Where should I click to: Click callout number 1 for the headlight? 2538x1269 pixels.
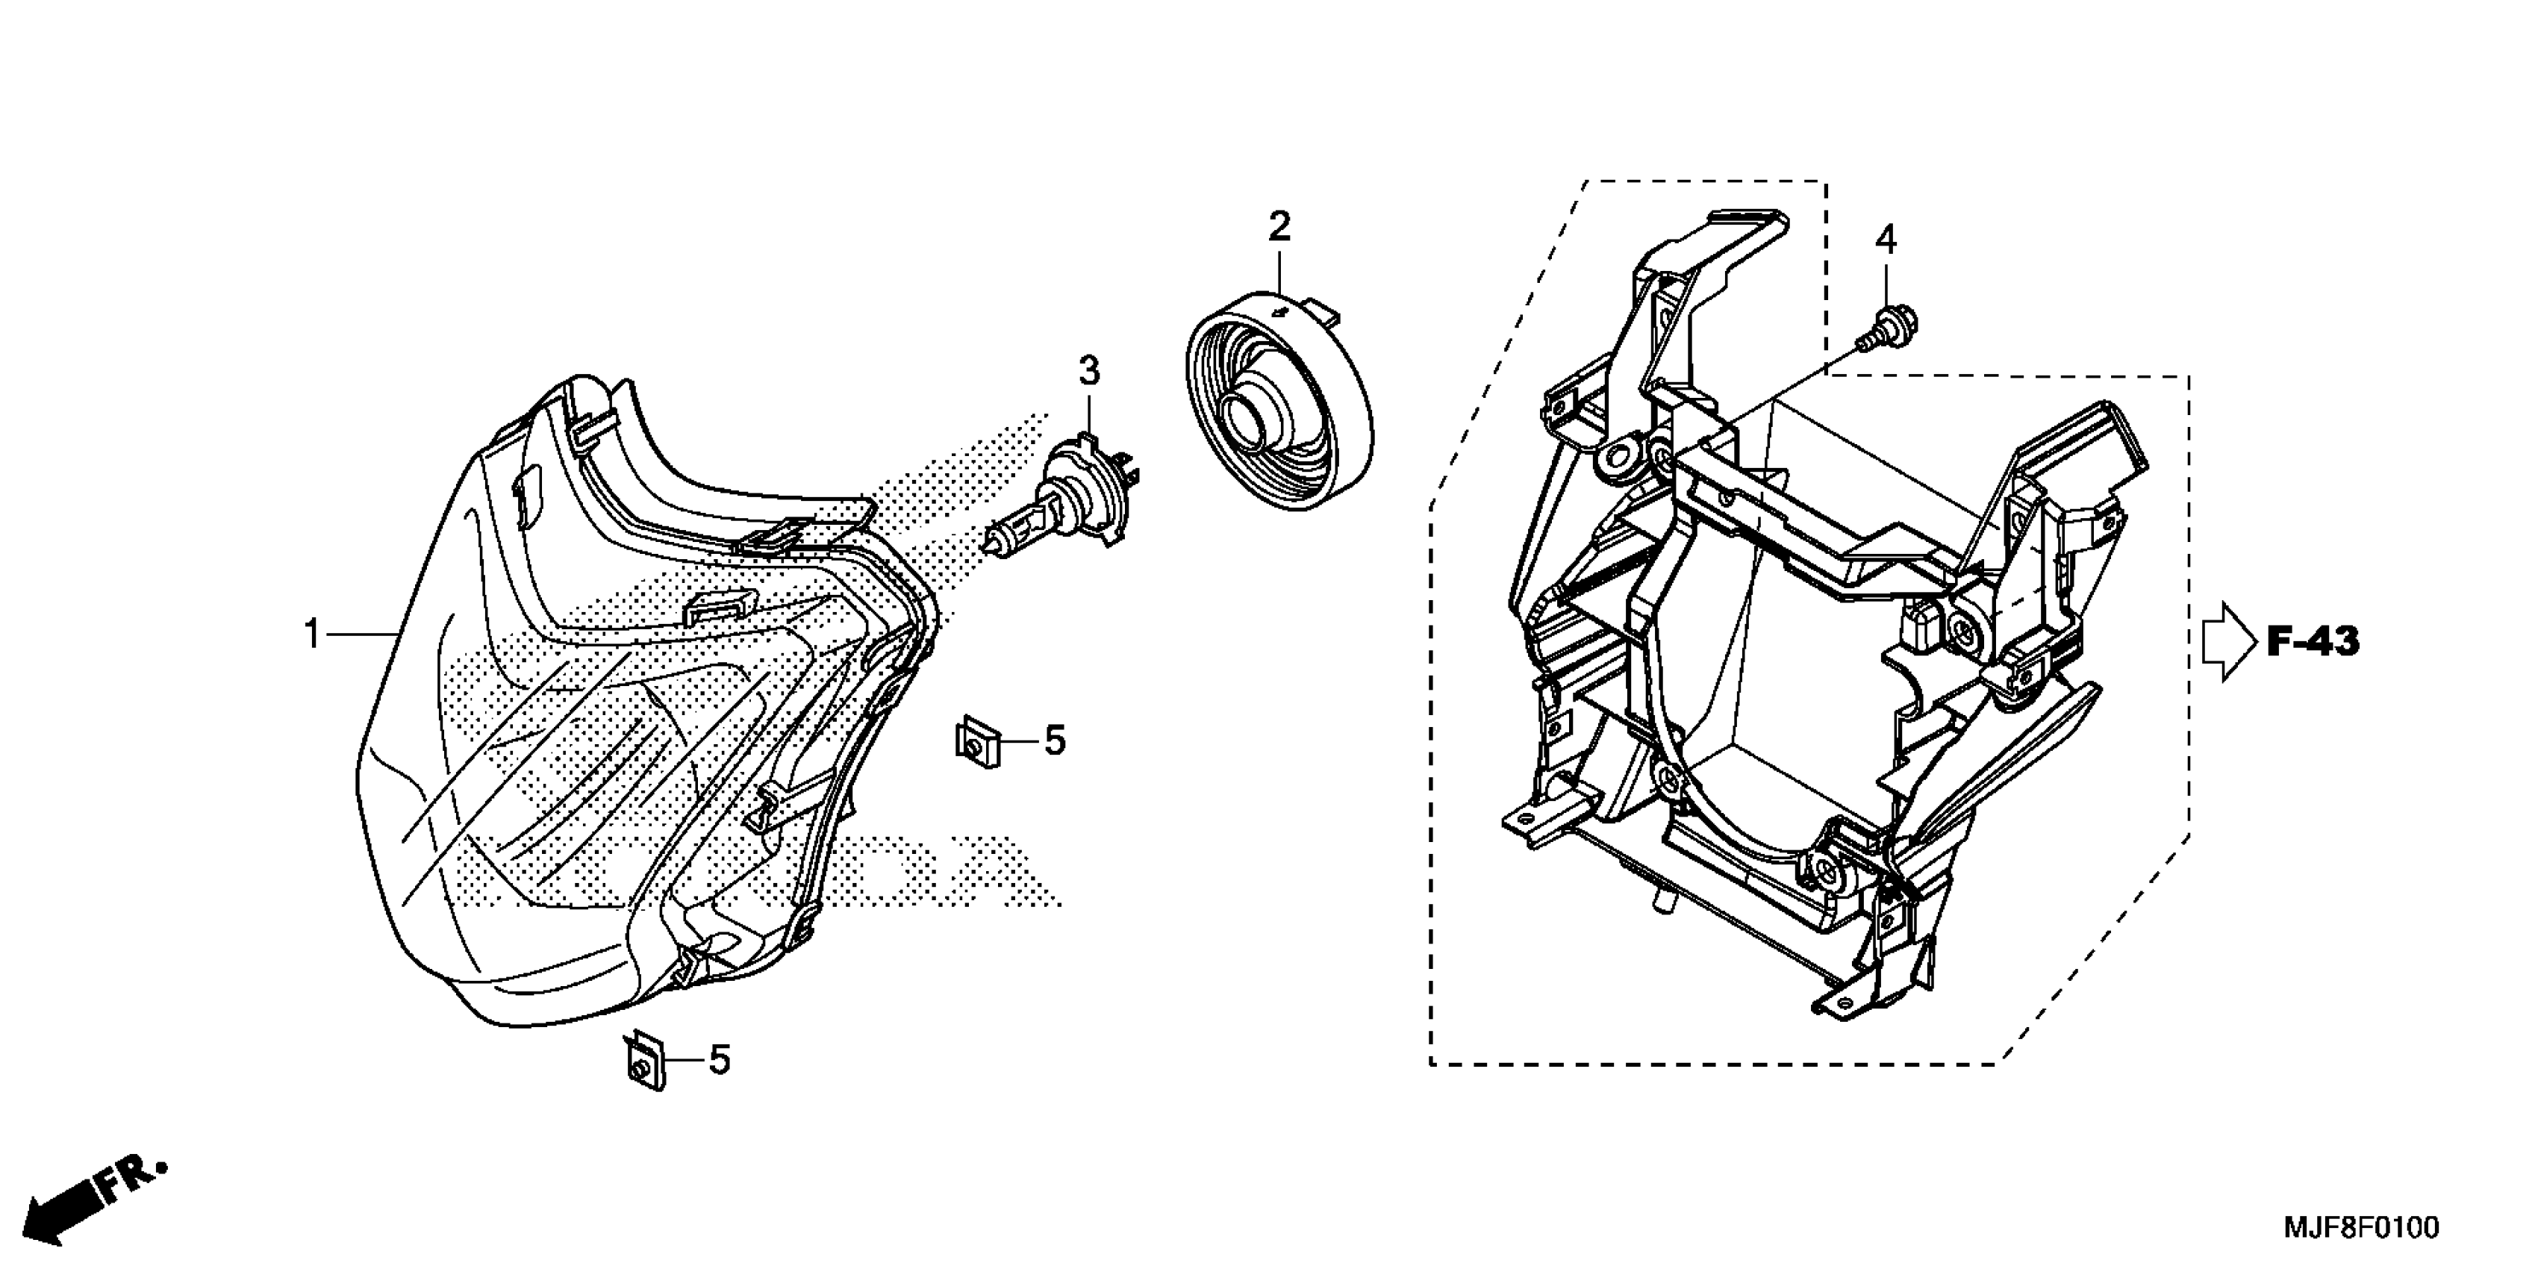tap(311, 634)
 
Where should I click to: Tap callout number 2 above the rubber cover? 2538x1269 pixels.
tap(1278, 228)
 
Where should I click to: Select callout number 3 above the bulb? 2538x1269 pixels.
tap(1088, 372)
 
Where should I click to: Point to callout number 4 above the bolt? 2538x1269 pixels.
tap(1885, 240)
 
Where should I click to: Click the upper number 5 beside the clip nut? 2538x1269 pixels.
tap(1054, 740)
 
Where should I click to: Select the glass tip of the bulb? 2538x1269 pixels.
tap(995, 540)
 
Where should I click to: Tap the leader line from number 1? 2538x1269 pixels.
tap(361, 634)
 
